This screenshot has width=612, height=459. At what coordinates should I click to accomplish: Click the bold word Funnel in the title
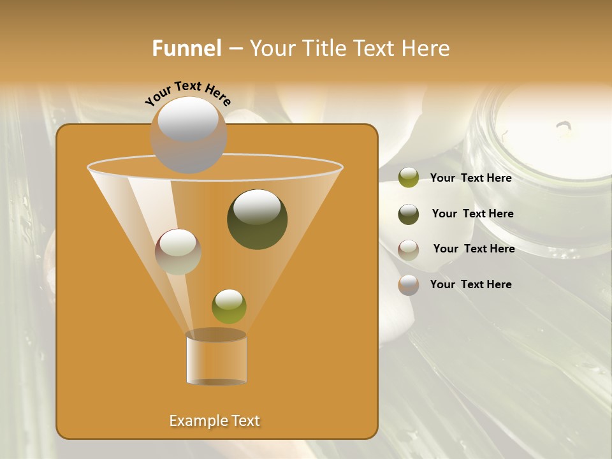tap(186, 48)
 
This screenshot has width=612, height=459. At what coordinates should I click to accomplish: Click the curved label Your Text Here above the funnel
tap(188, 93)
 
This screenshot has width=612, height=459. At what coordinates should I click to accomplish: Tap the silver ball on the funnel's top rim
tap(188, 135)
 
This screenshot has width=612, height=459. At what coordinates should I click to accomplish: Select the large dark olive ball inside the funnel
tap(258, 219)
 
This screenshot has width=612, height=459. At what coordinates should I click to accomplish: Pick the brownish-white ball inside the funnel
tap(178, 252)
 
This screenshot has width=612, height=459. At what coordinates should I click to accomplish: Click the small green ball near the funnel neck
tap(229, 307)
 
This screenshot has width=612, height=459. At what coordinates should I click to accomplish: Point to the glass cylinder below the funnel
tap(216, 358)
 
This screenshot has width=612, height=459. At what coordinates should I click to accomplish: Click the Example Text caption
tap(214, 421)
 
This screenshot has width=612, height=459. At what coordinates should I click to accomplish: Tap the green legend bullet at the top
tap(409, 178)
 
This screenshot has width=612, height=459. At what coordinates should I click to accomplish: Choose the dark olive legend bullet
tap(409, 214)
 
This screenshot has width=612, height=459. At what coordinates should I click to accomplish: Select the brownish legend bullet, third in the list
tap(409, 249)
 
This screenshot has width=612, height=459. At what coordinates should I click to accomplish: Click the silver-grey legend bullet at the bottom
tap(409, 285)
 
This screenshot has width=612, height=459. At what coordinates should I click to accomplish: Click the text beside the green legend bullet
tap(470, 178)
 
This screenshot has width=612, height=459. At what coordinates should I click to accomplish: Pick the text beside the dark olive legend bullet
tap(472, 214)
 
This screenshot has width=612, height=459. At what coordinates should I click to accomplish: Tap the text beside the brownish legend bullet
tap(474, 249)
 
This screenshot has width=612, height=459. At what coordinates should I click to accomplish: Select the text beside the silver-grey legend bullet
tap(470, 284)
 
